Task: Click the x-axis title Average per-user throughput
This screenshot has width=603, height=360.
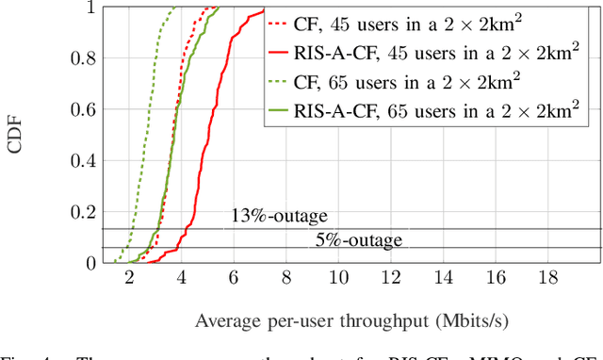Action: click(x=329, y=320)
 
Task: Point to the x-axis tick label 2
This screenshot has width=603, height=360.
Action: click(x=129, y=279)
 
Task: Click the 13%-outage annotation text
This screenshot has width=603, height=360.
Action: click(x=279, y=216)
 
